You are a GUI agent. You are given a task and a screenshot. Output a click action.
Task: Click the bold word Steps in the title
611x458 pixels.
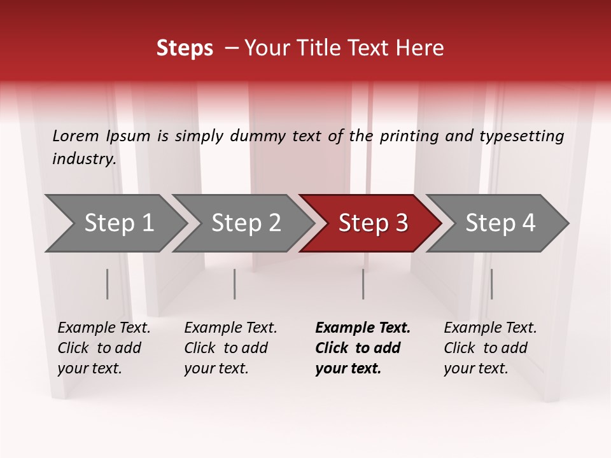point(185,48)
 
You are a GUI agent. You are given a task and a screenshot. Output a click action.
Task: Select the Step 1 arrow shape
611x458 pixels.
point(115,223)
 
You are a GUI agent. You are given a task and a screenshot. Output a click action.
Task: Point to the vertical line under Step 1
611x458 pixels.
point(108,284)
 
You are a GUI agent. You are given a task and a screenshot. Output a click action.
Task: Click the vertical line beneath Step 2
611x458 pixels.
point(235,284)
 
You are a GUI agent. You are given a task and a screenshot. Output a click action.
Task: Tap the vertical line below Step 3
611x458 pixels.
point(363,284)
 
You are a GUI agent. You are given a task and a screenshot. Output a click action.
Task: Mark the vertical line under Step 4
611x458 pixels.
point(491,284)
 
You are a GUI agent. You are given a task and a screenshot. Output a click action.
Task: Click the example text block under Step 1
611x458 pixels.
point(104,348)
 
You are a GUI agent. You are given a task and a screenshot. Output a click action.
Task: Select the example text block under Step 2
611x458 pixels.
point(230,348)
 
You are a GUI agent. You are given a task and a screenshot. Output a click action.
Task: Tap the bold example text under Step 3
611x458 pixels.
point(363,348)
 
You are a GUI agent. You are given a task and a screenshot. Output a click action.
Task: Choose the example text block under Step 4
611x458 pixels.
point(490,348)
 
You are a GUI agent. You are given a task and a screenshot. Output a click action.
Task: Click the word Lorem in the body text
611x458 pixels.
point(76,135)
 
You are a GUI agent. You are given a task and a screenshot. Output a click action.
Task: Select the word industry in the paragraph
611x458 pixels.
point(83,158)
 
